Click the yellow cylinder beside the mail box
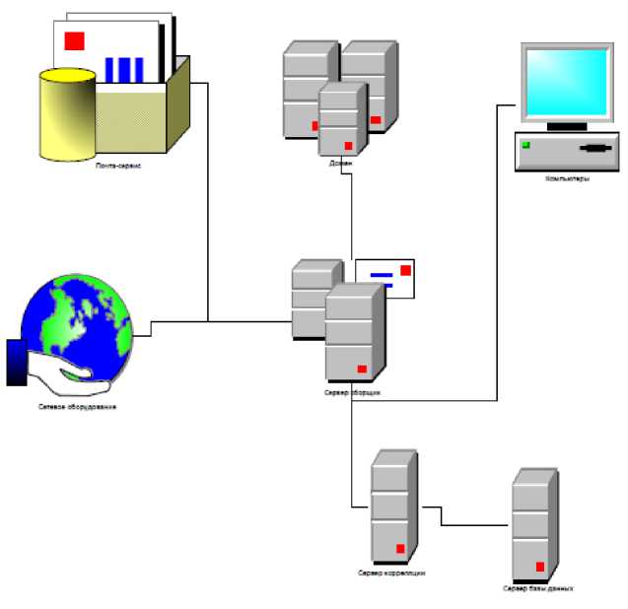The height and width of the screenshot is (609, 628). [67, 113]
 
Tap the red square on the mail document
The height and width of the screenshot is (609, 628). [74, 40]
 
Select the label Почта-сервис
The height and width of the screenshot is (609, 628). [118, 167]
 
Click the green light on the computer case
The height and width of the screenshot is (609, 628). [526, 146]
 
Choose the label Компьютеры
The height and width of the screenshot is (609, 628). [567, 179]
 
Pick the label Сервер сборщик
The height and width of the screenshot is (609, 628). [352, 391]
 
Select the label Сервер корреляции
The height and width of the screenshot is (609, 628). [391, 573]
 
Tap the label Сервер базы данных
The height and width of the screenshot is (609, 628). [537, 588]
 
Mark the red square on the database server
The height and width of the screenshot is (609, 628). [539, 566]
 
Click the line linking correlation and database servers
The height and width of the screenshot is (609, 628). [473, 525]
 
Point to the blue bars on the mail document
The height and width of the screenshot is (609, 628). [124, 69]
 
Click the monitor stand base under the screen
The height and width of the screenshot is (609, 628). [566, 127]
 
